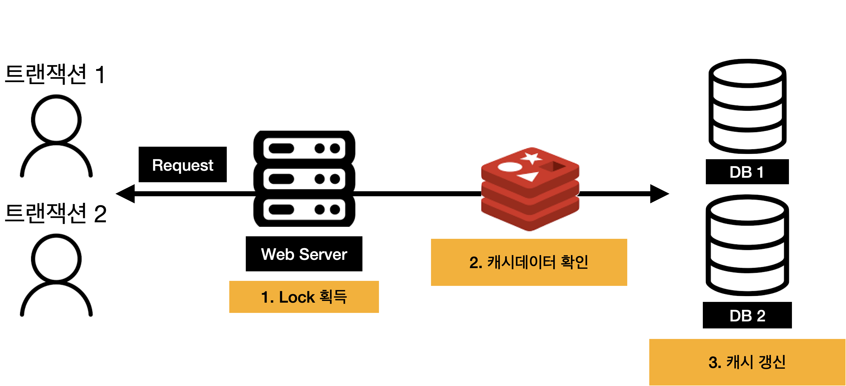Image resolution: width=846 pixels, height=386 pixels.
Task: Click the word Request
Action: [183, 165]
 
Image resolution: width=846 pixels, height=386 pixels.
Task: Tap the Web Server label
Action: [304, 254]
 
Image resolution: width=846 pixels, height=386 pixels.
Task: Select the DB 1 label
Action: [746, 172]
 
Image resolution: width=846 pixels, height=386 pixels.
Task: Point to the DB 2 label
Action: [747, 316]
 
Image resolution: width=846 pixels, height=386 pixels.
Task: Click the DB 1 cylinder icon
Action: [747, 106]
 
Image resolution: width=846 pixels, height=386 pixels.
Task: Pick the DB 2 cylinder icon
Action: [747, 245]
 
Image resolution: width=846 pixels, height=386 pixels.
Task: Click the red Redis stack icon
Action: [530, 189]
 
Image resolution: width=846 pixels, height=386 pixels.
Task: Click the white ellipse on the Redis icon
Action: [510, 167]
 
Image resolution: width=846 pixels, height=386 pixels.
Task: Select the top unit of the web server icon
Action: [304, 148]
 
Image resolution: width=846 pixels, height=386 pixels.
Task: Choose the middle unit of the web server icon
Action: [304, 179]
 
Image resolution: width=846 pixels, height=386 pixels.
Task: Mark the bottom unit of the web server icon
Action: [304, 210]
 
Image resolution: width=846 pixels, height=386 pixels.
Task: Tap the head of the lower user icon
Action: [56, 259]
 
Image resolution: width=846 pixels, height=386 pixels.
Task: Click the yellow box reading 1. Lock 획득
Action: [304, 297]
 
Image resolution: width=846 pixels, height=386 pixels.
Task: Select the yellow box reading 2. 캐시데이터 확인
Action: [529, 262]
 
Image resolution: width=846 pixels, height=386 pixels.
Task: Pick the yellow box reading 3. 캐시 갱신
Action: [747, 362]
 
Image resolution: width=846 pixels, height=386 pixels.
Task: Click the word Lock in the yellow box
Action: [297, 297]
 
